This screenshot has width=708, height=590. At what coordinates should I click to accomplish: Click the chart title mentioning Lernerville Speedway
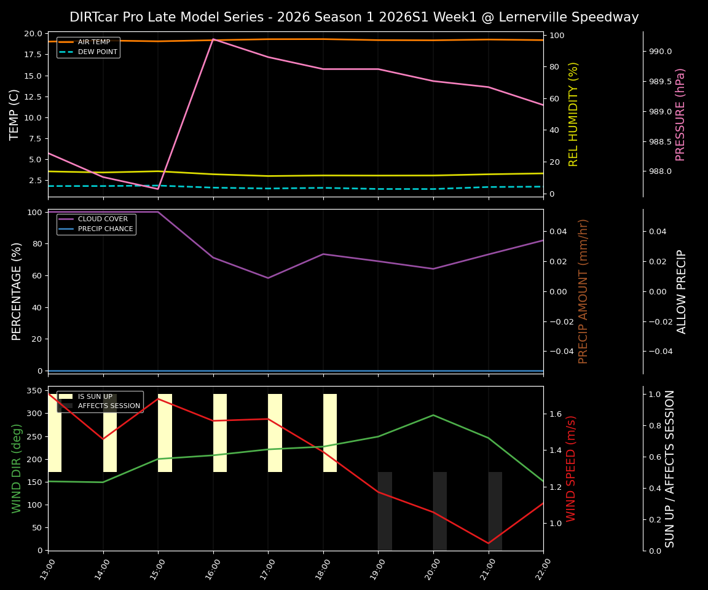coord(354,17)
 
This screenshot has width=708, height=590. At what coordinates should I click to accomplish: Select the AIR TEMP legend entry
coord(93,42)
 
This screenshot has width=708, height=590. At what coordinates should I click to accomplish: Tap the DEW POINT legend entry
coord(97,52)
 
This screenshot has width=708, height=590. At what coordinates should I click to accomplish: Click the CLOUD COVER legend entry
coord(103,219)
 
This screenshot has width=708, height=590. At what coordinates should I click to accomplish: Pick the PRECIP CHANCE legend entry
coord(105,229)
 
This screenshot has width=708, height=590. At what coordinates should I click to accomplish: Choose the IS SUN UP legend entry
coord(95,397)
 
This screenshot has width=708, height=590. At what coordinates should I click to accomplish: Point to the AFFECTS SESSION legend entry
coord(109,406)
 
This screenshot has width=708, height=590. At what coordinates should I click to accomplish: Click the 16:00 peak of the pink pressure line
coord(213,39)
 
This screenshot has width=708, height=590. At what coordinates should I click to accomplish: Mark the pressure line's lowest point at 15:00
coord(158,189)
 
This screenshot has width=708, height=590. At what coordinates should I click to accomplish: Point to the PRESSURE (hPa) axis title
coord(680,114)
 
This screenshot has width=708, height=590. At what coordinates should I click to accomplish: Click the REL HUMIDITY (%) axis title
coord(573,114)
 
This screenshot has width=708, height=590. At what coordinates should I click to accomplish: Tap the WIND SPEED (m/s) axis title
coord(571,468)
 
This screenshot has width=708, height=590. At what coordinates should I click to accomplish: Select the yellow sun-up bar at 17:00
coord(275,433)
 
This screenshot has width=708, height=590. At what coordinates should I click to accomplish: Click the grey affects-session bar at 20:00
coord(439,511)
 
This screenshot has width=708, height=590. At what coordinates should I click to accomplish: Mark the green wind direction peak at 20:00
coord(433,415)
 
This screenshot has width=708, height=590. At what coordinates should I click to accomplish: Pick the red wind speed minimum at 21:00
coord(489,543)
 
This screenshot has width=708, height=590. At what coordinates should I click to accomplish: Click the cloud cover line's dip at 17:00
coord(268,278)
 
